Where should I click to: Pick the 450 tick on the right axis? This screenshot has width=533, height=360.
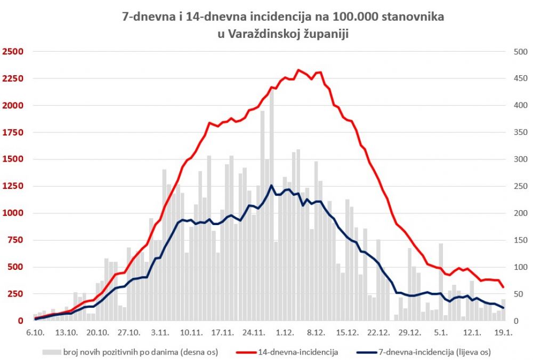pos(519,78)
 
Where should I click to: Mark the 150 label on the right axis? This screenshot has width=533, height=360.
pos(519,240)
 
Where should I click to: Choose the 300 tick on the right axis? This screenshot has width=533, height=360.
pos(519,159)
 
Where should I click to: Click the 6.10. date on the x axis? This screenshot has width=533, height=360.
pos(35,332)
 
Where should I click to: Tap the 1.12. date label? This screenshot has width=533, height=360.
pos(285,332)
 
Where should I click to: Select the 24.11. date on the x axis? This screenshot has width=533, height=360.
pos(253,332)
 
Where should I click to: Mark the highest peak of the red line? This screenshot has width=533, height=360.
pos(298,70)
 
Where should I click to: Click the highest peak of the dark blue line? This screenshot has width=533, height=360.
pos(271,186)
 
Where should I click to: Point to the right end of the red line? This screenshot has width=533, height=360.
pos(504,287)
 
